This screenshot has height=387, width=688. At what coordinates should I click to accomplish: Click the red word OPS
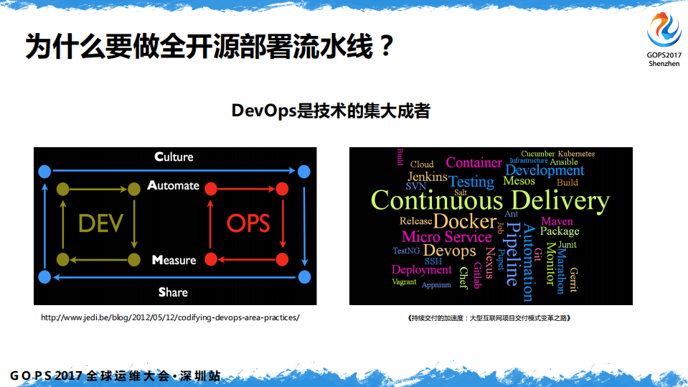[248, 223]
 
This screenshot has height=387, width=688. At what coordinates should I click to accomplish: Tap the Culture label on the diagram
[174, 157]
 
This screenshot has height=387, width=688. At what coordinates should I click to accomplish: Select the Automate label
[173, 185]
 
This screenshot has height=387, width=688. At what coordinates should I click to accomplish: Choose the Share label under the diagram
[173, 292]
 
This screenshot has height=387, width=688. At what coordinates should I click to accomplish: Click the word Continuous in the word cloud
[436, 200]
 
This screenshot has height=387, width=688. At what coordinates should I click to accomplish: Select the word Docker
[465, 221]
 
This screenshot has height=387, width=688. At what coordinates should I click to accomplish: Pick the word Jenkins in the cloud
[428, 177]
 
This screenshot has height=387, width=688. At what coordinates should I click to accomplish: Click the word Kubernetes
[576, 154]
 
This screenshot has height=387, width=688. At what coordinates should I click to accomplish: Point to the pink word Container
[473, 163]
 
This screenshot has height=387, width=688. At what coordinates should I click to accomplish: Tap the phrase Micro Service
[446, 237]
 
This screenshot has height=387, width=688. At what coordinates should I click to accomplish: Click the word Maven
[557, 221]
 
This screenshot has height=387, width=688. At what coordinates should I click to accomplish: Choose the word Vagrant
[404, 282]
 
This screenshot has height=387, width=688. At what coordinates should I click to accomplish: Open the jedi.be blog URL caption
[170, 317]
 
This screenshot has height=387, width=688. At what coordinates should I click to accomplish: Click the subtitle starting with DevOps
[331, 111]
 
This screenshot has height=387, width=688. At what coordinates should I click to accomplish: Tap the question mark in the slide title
[385, 48]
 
